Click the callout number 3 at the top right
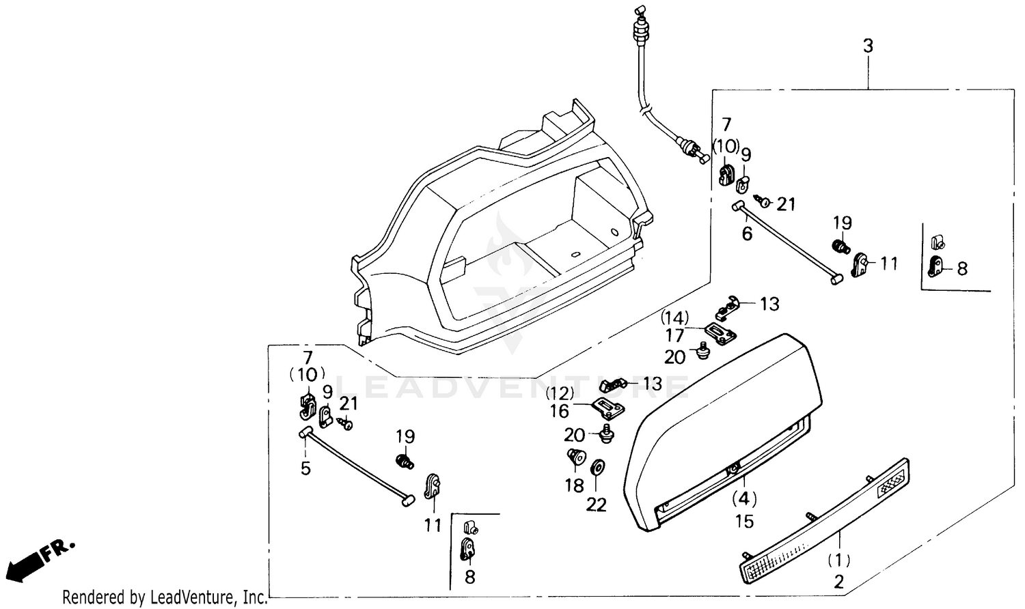(868, 46)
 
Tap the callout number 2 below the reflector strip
(838, 582)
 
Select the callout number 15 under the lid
(744, 522)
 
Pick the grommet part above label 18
(575, 457)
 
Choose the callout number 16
(559, 410)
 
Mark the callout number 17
(674, 335)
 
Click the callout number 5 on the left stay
(305, 468)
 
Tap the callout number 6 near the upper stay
(747, 233)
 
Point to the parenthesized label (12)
(559, 393)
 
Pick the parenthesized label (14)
(674, 317)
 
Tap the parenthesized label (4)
(744, 498)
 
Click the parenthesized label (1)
(838, 561)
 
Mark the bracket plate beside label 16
(608, 408)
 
